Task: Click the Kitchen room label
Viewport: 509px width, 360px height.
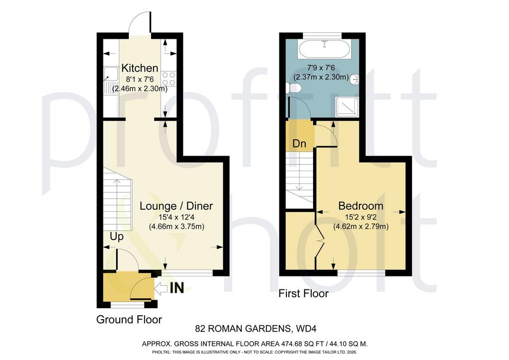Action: click(x=140, y=68)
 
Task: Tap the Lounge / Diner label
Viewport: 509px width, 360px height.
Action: click(x=176, y=206)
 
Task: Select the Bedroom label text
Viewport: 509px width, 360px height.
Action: click(x=361, y=206)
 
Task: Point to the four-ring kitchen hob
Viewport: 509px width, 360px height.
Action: click(x=169, y=79)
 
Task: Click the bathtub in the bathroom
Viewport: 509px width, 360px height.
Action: click(x=325, y=50)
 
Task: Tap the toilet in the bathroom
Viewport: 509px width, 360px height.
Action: click(x=294, y=88)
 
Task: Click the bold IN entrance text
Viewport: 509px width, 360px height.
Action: click(x=177, y=288)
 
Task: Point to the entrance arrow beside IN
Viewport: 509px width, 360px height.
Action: click(x=161, y=288)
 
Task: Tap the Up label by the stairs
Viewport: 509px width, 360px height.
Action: click(x=116, y=237)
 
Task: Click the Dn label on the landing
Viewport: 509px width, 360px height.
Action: click(x=299, y=144)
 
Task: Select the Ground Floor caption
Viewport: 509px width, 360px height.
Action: click(x=129, y=320)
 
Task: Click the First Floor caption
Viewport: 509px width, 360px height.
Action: click(x=304, y=294)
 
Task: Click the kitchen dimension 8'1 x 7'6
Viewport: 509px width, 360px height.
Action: click(x=140, y=79)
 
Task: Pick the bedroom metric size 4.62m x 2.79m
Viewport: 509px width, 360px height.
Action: click(x=361, y=226)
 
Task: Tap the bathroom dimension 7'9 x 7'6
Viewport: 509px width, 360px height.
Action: click(x=321, y=68)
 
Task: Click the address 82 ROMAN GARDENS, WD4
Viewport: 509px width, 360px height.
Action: click(x=256, y=329)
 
